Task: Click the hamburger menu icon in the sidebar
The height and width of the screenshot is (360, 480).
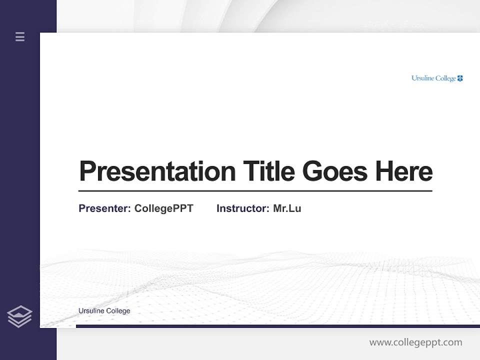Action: [20, 36]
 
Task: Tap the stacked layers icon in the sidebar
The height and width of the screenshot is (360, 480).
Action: [19, 316]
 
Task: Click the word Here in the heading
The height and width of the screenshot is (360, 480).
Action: [404, 171]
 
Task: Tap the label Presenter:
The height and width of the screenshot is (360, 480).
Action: [104, 208]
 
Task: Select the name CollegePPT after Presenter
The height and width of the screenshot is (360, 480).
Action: [163, 208]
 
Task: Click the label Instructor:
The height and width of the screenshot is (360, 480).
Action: [243, 208]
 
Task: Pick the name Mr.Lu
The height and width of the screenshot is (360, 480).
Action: [287, 208]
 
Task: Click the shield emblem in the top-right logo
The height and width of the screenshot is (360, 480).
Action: [460, 78]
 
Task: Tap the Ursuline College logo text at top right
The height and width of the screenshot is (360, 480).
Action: [433, 78]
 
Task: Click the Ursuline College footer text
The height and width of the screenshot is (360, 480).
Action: [104, 311]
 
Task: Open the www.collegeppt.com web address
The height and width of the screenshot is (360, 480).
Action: [415, 342]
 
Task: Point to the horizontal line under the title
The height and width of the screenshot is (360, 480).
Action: [255, 190]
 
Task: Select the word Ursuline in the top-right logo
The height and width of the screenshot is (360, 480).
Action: [423, 78]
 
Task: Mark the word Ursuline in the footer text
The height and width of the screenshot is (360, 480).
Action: [91, 311]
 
